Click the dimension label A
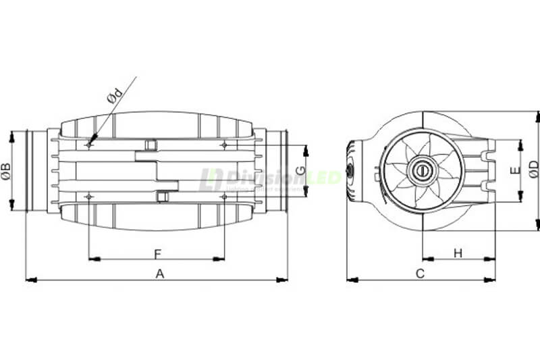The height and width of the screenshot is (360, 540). tap(160, 273)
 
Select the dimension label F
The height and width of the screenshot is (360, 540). tap(157, 253)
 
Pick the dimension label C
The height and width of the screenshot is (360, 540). tap(420, 273)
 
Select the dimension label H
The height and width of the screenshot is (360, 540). tap(458, 253)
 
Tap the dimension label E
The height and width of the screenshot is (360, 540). tap(514, 170)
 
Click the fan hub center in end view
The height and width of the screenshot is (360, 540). tap(423, 170)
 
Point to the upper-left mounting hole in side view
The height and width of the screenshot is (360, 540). tap(89, 144)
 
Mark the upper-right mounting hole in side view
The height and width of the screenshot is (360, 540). tap(224, 144)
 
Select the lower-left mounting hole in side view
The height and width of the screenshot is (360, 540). tap(89, 196)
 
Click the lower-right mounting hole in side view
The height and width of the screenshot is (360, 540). tap(224, 196)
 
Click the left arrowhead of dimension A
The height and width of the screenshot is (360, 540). tap(28, 279)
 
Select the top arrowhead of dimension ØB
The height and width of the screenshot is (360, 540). tap(13, 135)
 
